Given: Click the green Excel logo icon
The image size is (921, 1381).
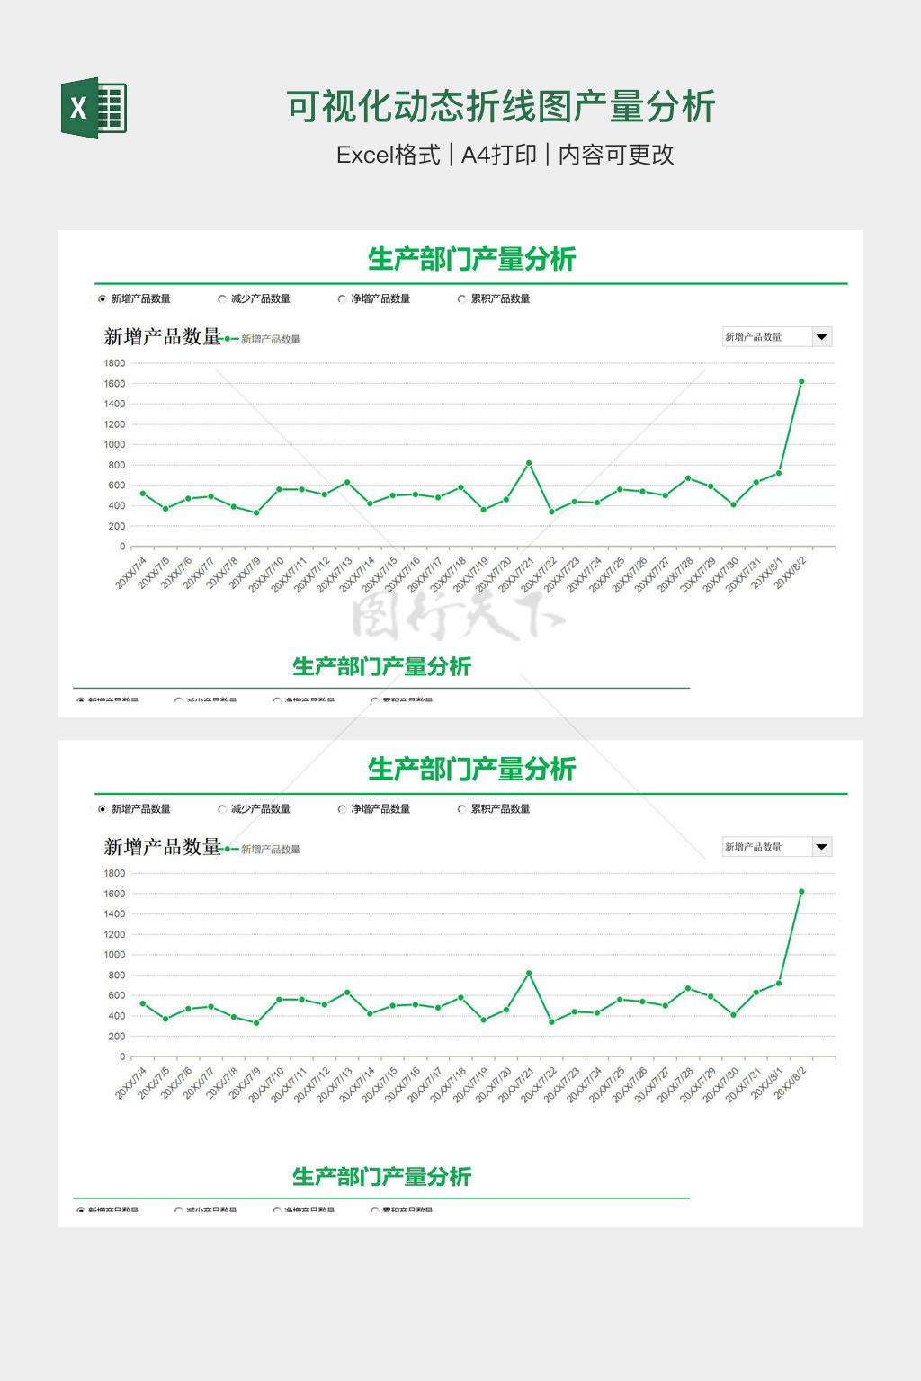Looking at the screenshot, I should (94, 108).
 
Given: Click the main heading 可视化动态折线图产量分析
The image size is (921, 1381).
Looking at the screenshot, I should (500, 107).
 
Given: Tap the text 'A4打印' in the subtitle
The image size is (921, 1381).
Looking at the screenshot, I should (498, 155).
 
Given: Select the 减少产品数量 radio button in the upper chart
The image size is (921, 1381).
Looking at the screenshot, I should (222, 299).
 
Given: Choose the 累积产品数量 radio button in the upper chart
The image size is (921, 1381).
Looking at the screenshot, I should (462, 299).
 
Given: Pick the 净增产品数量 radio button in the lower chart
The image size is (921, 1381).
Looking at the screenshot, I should (342, 809).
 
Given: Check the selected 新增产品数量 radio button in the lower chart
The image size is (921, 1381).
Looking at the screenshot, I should (103, 809).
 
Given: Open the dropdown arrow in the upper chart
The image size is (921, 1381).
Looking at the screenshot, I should (821, 337).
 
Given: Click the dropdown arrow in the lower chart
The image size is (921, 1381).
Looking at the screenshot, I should (821, 847).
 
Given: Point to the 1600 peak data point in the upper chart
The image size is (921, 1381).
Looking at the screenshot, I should (801, 381).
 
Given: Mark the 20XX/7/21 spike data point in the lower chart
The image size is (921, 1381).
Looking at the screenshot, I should (529, 973).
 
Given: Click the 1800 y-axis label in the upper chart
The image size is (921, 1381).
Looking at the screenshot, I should (114, 363).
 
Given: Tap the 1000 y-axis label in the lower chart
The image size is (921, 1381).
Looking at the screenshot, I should (114, 955).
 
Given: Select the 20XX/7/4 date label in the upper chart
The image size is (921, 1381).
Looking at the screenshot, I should (131, 573).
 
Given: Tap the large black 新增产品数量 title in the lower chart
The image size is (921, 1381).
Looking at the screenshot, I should (163, 847).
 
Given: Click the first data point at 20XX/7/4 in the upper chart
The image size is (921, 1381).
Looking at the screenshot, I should (143, 494).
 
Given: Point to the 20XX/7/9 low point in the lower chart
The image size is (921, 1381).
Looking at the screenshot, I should (256, 1023).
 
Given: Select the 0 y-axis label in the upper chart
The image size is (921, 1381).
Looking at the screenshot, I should (122, 547).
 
